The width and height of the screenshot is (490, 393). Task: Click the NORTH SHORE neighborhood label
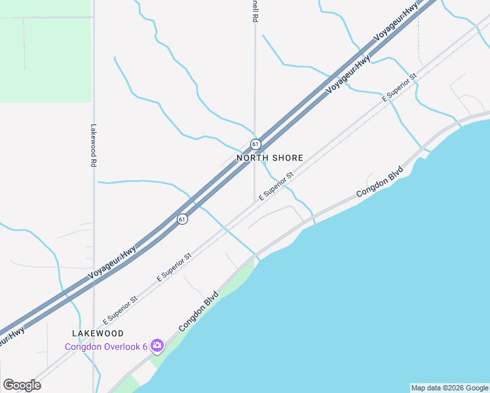tap(270, 158)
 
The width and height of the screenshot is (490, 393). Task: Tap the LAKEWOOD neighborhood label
tap(98, 334)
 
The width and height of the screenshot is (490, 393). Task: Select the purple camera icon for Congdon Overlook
tap(157, 345)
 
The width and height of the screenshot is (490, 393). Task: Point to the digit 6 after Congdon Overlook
tap(144, 346)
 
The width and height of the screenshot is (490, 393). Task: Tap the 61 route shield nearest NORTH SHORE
tap(255, 143)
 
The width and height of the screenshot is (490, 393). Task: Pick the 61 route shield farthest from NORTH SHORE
tap(183, 219)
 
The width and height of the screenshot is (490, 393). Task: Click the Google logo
tap(22, 385)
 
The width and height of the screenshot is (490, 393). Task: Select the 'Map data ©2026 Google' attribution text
tap(449, 388)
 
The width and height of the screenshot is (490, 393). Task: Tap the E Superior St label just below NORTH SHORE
tap(275, 187)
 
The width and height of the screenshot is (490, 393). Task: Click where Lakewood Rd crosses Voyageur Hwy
tap(94, 275)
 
